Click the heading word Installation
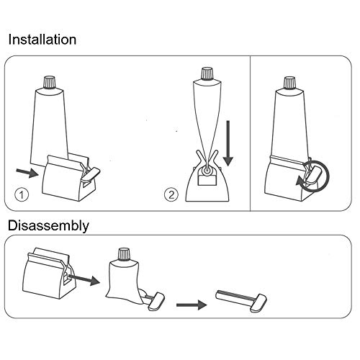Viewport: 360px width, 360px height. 42,39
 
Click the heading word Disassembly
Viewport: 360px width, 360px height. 48,226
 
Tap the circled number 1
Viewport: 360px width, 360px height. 23,193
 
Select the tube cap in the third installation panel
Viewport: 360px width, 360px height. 287,83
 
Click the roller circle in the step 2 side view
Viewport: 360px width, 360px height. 205,170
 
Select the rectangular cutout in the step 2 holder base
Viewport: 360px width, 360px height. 205,190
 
